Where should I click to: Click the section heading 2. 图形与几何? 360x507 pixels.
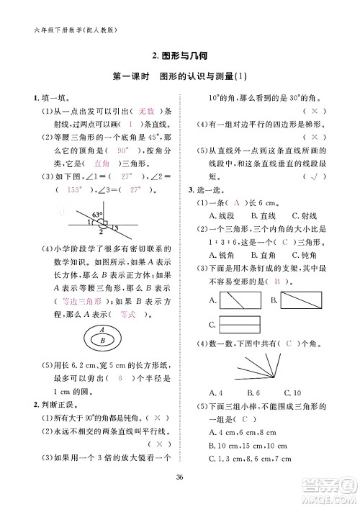pos(180,55)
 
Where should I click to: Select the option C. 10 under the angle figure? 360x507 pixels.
pos(292,392)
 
